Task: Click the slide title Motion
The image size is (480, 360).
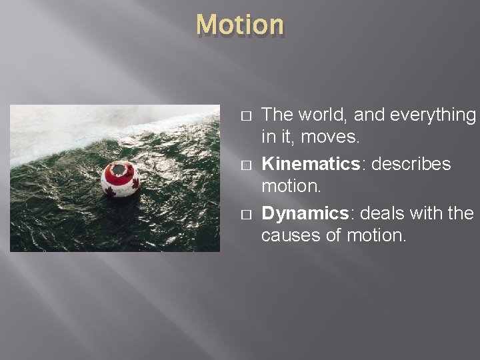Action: coord(240,25)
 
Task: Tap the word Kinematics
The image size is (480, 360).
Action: coord(311,164)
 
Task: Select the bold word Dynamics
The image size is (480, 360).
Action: coord(305,213)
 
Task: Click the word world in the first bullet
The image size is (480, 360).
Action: coord(322,115)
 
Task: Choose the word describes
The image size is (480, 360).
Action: coord(411,164)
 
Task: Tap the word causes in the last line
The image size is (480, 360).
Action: coord(291,235)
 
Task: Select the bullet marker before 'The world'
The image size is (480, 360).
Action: coord(245,116)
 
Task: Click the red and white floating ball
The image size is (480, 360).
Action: coord(121,179)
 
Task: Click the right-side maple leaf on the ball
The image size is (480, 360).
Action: coord(135,183)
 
